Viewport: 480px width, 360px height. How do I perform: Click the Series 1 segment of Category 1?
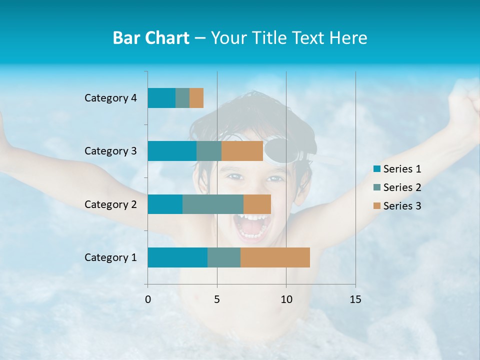[177, 257]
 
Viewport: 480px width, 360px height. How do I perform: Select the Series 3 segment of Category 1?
[275, 257]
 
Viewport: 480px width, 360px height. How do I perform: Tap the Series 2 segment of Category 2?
[213, 204]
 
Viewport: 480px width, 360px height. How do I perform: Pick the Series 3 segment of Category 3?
[242, 151]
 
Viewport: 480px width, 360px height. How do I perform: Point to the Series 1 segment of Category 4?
[161, 98]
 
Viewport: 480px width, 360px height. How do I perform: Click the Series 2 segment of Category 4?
[182, 98]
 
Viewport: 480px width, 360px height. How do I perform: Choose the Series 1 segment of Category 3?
[172, 151]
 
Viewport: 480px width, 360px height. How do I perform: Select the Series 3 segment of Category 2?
[257, 204]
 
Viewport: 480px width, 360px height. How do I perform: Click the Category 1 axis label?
[110, 257]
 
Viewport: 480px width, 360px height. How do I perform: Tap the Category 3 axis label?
[110, 151]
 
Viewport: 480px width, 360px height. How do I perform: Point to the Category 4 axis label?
[110, 98]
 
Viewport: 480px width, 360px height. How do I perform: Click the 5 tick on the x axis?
[217, 299]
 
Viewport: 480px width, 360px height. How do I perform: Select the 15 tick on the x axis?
[355, 299]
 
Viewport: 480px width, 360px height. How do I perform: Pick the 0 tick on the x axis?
[148, 299]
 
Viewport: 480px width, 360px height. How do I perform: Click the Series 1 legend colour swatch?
[376, 169]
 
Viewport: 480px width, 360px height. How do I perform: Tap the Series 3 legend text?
[402, 206]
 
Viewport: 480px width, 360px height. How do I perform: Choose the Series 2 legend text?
[402, 187]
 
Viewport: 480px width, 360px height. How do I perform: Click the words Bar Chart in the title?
[151, 38]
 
